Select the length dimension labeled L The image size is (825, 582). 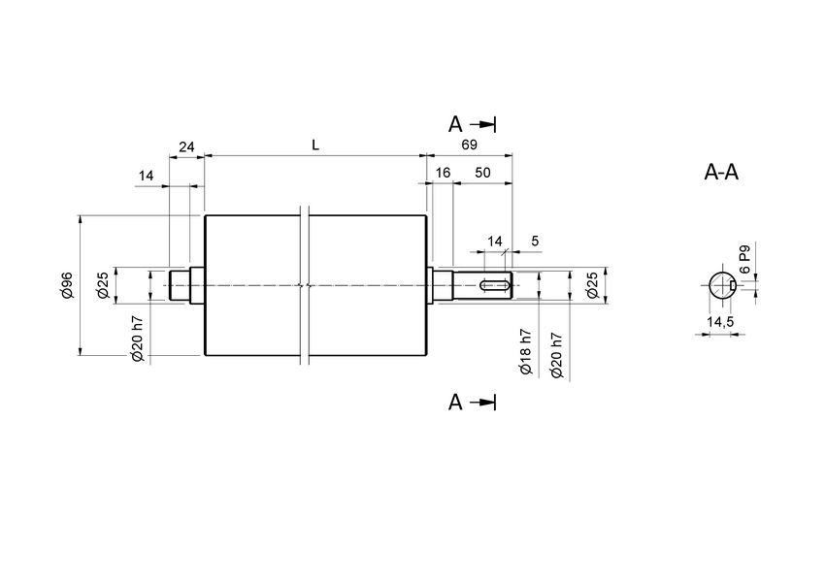[x=315, y=145]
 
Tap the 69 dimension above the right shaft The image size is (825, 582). [x=470, y=145]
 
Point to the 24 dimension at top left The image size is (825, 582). [x=186, y=146]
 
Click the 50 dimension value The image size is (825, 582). [x=482, y=172]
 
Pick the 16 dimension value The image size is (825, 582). [x=443, y=172]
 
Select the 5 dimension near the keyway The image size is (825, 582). [x=535, y=240]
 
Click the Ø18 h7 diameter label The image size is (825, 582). [x=525, y=351]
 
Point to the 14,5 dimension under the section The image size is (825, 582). [x=719, y=321]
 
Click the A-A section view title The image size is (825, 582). [x=721, y=174]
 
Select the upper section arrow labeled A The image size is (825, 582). [x=472, y=124]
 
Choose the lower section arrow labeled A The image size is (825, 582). [x=472, y=403]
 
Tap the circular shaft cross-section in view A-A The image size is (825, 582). [x=720, y=285]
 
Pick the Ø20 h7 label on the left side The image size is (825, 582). [x=138, y=339]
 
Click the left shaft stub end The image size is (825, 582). [x=179, y=285]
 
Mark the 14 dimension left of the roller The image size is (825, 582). [x=147, y=176]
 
